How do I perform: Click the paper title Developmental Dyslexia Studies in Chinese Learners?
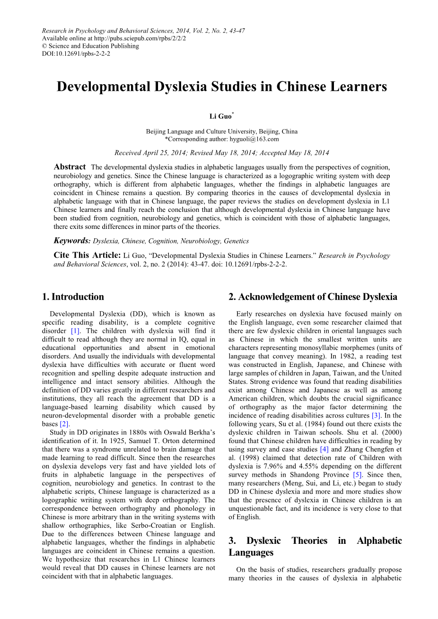[x=222, y=87]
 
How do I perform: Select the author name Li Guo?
[x=220, y=116]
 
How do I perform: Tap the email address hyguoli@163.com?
[x=254, y=139]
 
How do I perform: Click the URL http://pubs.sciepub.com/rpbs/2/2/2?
[x=140, y=39]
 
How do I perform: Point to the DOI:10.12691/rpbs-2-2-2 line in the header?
[x=76, y=54]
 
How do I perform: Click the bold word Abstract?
[x=70, y=167]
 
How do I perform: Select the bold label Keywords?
[x=72, y=241]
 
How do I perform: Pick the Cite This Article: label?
[x=87, y=255]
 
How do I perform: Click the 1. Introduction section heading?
[x=73, y=297]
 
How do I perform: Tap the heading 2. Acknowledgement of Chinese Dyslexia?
[x=313, y=297]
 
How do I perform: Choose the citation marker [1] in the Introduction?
[x=75, y=331]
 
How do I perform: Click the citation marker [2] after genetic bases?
[x=65, y=424]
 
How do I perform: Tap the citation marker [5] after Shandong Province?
[x=357, y=475]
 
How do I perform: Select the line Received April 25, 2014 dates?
[x=221, y=153]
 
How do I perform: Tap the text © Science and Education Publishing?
[x=90, y=46]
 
